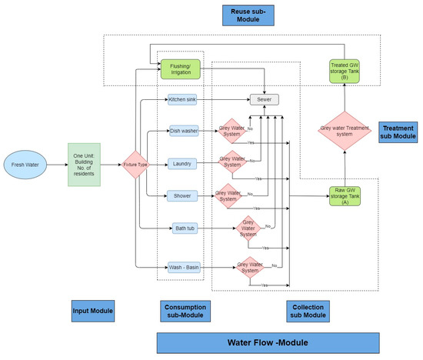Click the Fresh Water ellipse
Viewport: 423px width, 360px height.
(29, 164)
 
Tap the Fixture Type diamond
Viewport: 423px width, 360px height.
(136, 164)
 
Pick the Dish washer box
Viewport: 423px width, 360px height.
(185, 132)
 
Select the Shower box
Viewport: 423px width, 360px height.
(184, 196)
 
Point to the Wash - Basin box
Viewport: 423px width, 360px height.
(184, 267)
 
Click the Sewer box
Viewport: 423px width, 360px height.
(264, 100)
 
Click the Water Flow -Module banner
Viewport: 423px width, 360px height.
(268, 343)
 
